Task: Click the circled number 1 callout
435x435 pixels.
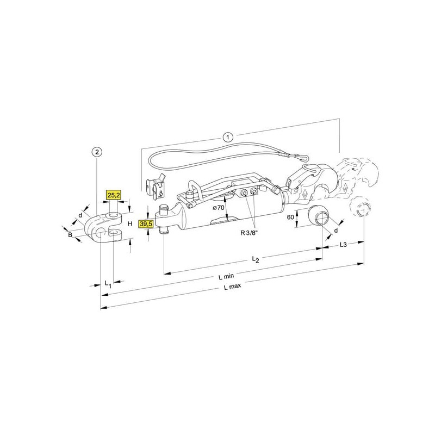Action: [x=228, y=137]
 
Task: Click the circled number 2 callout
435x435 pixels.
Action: [x=97, y=152]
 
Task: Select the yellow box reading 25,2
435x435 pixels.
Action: [x=114, y=195]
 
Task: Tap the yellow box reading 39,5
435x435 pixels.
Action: [x=146, y=223]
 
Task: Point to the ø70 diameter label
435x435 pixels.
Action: [x=219, y=208]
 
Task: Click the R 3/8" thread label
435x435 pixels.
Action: [x=249, y=233]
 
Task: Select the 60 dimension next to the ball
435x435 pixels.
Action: [x=290, y=216]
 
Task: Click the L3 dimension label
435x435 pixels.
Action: [x=343, y=245]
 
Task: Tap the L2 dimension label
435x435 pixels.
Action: [x=255, y=259]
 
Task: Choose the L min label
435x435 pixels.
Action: [x=226, y=276]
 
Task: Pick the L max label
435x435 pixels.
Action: [x=233, y=287]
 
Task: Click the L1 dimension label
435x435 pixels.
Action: [x=108, y=284]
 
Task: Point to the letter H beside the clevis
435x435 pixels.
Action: [x=130, y=223]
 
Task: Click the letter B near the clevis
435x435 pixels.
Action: [x=70, y=235]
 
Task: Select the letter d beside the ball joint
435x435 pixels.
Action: [x=336, y=231]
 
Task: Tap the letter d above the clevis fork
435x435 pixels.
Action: [x=80, y=215]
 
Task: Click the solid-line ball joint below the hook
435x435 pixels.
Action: [x=319, y=215]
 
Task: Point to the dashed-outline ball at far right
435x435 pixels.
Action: [x=361, y=208]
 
